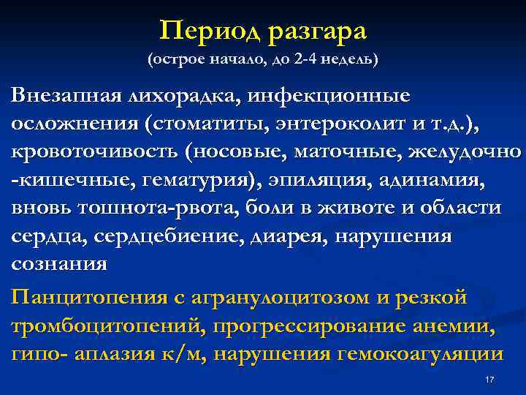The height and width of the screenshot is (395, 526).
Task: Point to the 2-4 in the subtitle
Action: (308, 59)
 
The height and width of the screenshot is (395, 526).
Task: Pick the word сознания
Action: (59, 263)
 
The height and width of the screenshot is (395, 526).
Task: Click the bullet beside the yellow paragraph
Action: (6, 299)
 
